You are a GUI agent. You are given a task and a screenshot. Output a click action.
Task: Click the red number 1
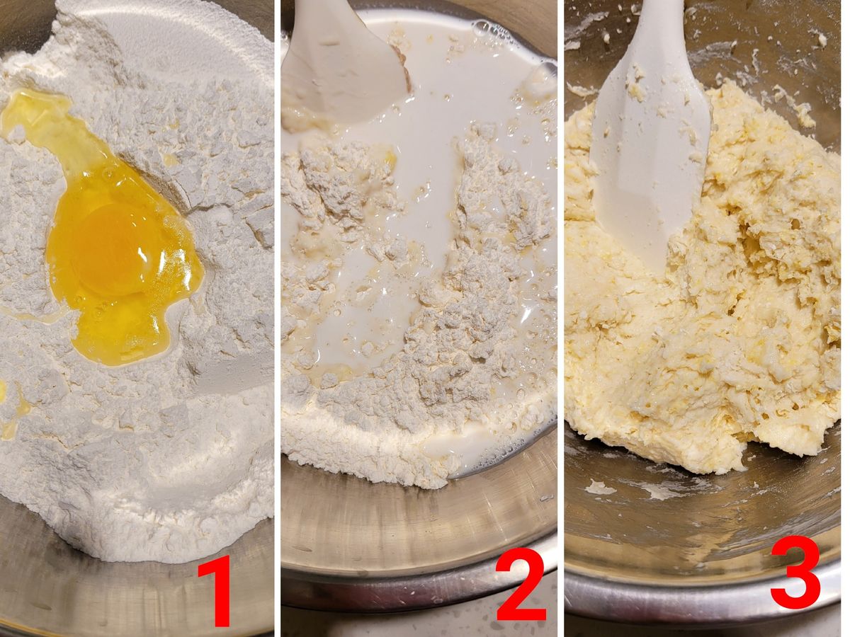tap(215, 590)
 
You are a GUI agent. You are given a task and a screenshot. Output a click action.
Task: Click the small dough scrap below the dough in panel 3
tap(599, 488)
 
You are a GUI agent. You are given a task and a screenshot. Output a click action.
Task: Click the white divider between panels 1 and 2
tap(278, 318)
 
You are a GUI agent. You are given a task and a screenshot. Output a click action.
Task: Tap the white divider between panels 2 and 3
tap(561, 318)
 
